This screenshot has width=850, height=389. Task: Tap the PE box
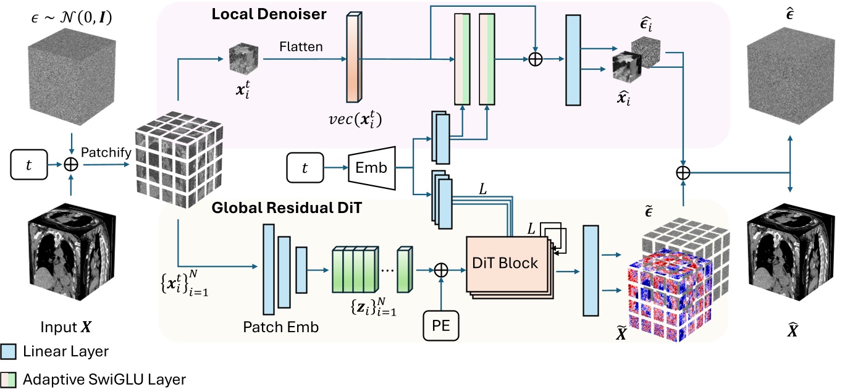[441, 325]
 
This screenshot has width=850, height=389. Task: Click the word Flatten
[300, 46]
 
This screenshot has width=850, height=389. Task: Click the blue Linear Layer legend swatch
[8, 351]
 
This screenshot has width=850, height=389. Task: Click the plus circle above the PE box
[441, 269]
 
